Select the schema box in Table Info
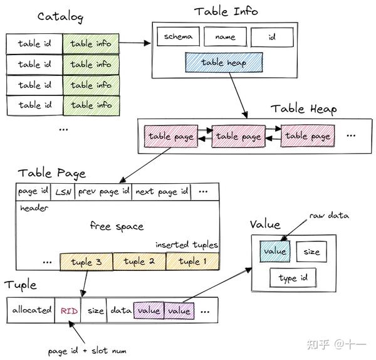(x=178, y=37)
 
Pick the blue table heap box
(x=224, y=63)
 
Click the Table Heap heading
(x=303, y=109)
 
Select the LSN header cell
(x=63, y=191)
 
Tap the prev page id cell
(x=103, y=191)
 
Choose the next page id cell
(x=161, y=191)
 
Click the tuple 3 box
(x=86, y=262)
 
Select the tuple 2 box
(x=140, y=262)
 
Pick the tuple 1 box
(x=193, y=262)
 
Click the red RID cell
(x=68, y=310)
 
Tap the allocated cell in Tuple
(x=31, y=310)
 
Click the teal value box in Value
(x=274, y=251)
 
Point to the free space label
(x=117, y=226)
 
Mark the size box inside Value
(x=311, y=251)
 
